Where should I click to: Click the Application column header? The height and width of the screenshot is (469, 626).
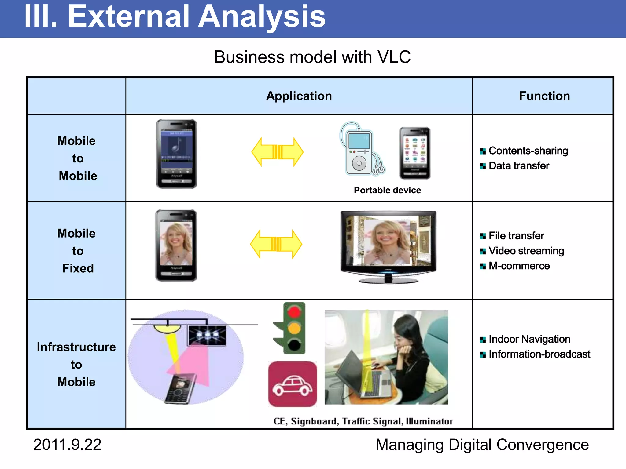coord(299,96)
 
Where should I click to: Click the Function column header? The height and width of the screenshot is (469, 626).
coord(544,96)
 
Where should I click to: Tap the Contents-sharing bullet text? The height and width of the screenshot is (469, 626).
coord(528,151)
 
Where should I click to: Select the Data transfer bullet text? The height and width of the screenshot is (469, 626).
coord(519,165)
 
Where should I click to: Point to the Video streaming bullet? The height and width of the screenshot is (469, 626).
coord(526,251)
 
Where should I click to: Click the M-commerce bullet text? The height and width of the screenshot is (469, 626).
coord(519,266)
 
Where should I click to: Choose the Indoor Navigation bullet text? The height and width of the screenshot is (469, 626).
coord(529,339)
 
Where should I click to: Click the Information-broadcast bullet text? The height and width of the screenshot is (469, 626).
coord(539,354)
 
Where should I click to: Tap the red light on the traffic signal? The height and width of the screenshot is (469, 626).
coord(294,312)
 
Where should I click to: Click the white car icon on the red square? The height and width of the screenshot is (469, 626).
coord(292,385)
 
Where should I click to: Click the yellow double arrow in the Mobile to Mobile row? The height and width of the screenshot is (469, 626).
coord(277,152)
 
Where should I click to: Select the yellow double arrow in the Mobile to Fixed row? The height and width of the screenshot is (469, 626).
coord(276,244)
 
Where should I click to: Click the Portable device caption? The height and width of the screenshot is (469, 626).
coord(387,190)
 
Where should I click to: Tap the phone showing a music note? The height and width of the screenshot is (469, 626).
coord(176,154)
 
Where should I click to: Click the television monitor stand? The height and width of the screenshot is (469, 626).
coord(388,279)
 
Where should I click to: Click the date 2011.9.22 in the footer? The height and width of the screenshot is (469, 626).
coord(67,445)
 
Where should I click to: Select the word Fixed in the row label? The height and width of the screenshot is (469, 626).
coord(78,268)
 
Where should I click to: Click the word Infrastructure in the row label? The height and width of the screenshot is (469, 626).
coord(76,347)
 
